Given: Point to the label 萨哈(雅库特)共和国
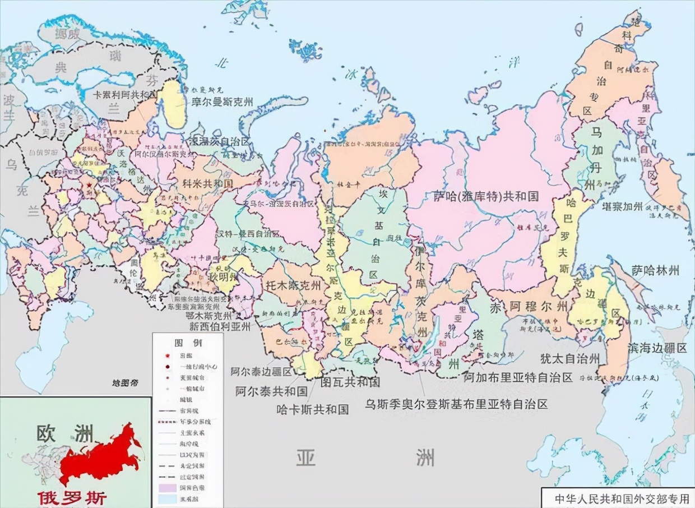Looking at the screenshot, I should (x=485, y=196).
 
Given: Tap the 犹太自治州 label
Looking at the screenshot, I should (x=570, y=359).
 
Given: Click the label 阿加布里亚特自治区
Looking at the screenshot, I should (x=518, y=377).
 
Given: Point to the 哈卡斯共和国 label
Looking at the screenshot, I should (x=313, y=409).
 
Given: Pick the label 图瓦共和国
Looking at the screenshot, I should (x=350, y=382).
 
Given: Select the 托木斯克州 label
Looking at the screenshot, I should (x=294, y=285).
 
